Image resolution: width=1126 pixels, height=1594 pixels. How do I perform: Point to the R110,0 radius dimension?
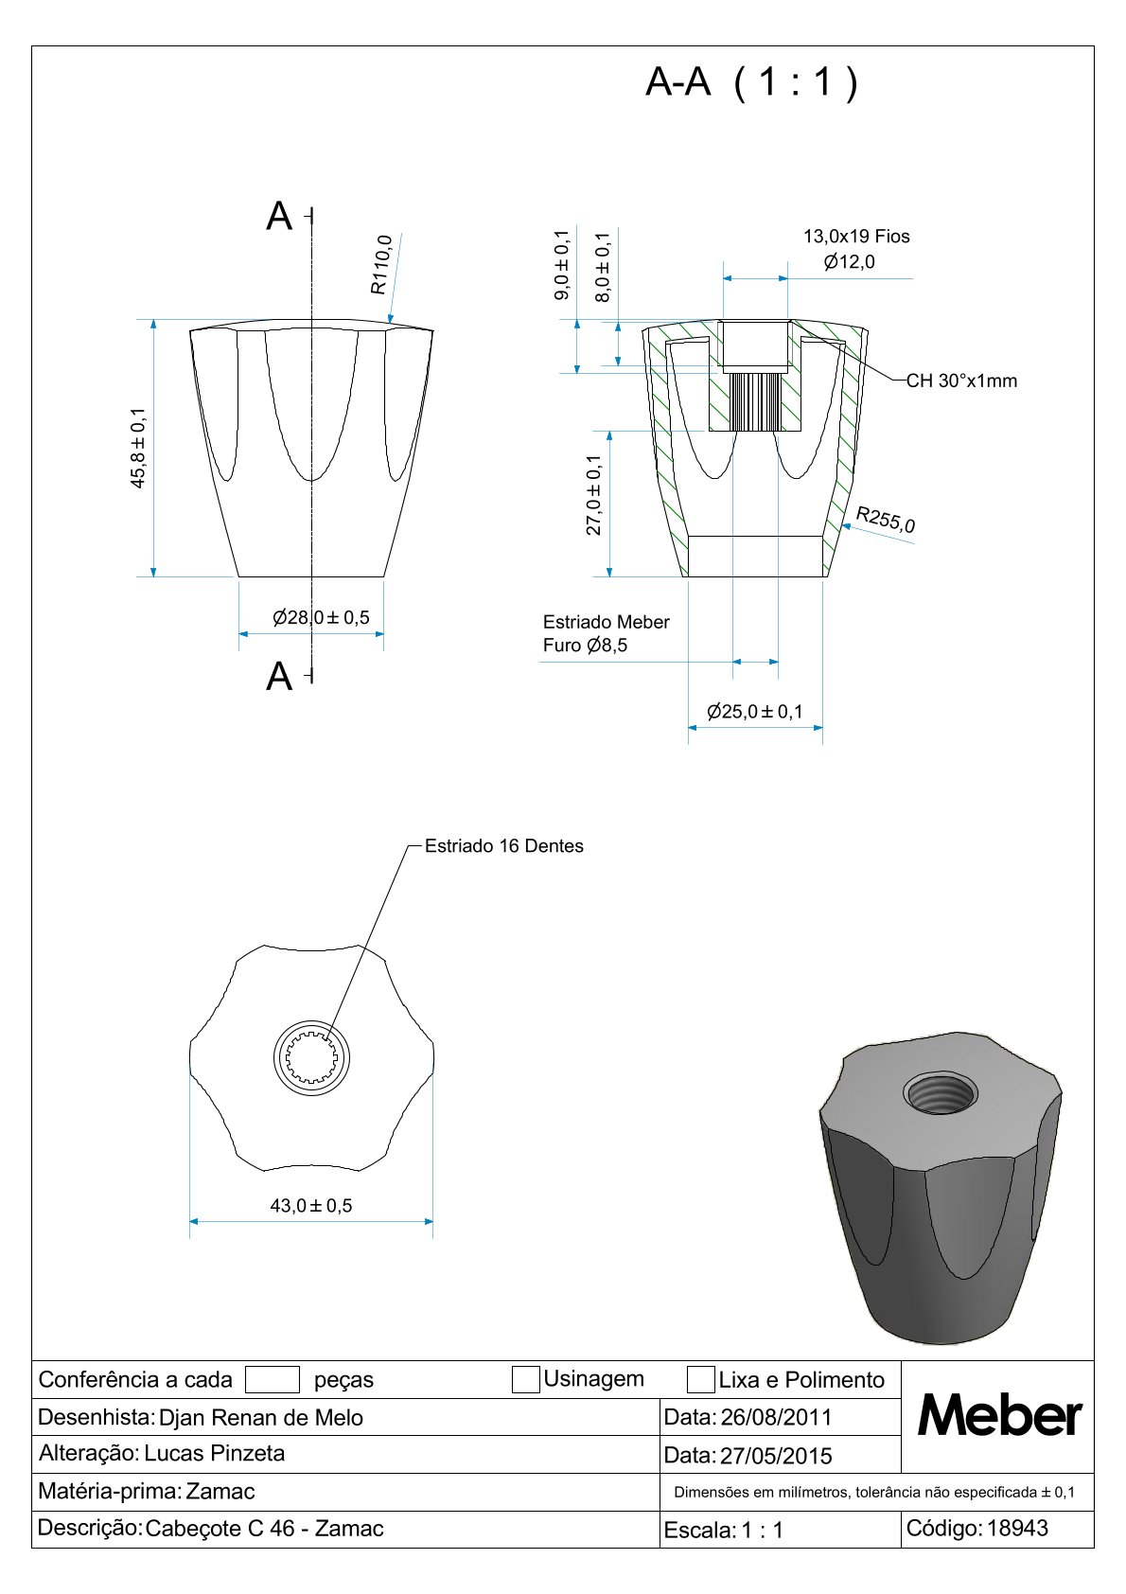[381, 265]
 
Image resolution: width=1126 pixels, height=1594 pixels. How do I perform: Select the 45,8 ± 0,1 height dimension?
[138, 448]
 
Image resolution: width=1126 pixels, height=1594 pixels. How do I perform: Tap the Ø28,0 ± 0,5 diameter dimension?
[321, 617]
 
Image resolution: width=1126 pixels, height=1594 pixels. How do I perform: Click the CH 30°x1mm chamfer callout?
[961, 381]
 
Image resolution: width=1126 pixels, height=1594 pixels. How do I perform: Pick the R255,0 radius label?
[885, 520]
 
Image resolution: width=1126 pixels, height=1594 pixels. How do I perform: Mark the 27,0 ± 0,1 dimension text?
[594, 495]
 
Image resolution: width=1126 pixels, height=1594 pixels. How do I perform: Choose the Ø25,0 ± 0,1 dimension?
[755, 711]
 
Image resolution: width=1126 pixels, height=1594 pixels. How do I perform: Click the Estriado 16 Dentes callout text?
[503, 846]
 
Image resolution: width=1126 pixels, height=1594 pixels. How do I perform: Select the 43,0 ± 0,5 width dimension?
[311, 1206]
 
